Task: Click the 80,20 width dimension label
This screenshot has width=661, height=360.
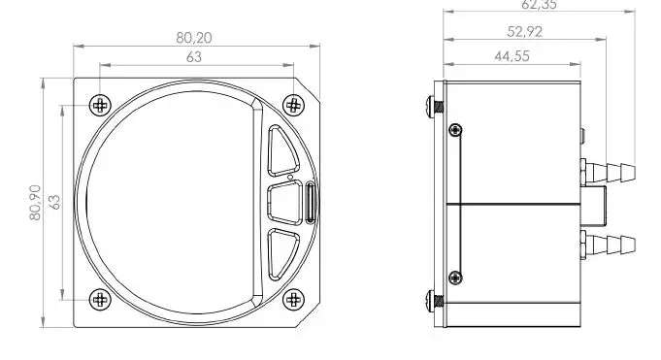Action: pos(194,38)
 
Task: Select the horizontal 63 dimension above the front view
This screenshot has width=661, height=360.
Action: pos(194,57)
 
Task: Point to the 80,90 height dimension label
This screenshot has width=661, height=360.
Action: pos(36,202)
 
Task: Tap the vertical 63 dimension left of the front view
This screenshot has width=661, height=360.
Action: pos(55,202)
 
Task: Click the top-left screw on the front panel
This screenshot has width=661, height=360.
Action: pos(99,105)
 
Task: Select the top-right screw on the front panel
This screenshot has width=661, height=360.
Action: pos(292,105)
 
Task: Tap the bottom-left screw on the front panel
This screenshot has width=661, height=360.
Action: pos(99,299)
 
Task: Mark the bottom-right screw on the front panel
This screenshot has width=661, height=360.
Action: pos(292,299)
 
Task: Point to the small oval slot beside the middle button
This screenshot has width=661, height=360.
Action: pos(311,202)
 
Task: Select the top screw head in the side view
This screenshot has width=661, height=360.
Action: pos(432,105)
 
